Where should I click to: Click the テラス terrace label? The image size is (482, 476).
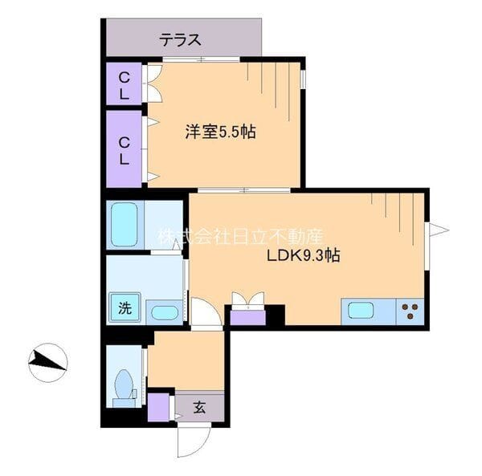point(180,39)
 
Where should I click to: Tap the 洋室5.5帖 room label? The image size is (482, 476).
point(220,132)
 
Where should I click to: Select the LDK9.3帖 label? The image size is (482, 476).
point(303,255)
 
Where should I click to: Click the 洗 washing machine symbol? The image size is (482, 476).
point(125,308)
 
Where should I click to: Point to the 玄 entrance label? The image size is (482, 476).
point(199,408)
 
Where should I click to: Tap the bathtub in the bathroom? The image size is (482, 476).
point(125,225)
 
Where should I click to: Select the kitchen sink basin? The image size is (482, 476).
point(361,311)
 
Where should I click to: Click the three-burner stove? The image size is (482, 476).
point(410,311)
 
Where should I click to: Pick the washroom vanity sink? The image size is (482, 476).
point(165,313)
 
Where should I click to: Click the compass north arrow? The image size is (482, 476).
point(47,362)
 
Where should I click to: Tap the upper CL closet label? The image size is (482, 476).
point(125,86)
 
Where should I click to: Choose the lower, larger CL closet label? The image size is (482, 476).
point(125,151)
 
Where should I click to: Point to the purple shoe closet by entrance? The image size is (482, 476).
point(158,407)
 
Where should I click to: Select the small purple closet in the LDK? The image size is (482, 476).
point(247,318)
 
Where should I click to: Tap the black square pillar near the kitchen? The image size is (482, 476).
point(276,315)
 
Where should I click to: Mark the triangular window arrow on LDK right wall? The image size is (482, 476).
point(439,230)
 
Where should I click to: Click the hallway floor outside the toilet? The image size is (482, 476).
point(186,361)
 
